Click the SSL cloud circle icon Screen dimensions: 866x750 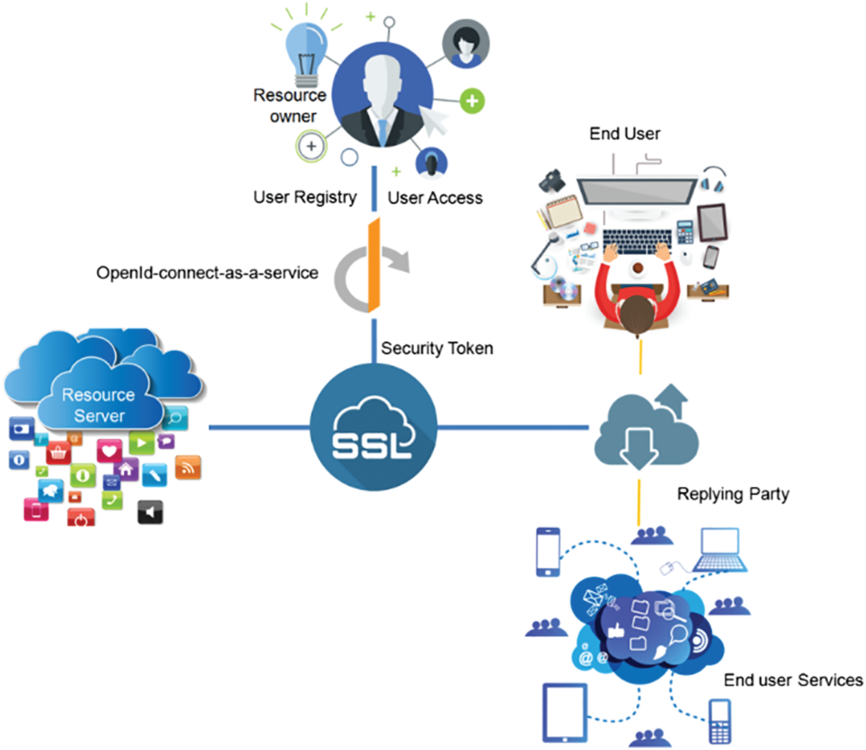point(373,427)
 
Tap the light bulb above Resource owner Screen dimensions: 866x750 point(306,55)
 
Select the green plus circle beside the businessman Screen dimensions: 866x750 point(472,101)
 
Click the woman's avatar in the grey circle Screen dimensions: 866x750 point(466,44)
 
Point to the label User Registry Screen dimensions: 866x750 point(305,198)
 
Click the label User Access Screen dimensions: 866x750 point(435,198)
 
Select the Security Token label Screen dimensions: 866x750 point(437,348)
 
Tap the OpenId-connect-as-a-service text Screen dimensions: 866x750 point(208,273)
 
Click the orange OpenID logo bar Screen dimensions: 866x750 point(374,265)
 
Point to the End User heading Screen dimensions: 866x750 point(624,134)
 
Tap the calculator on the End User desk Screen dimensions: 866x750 point(685,232)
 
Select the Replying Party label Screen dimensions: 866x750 point(734,494)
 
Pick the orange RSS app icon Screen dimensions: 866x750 point(188,467)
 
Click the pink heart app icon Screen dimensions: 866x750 point(109,451)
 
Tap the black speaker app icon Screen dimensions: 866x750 point(150,512)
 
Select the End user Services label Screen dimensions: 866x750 point(794,680)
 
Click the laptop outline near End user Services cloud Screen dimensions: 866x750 point(720,550)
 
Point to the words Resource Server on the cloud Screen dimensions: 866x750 point(99,405)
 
